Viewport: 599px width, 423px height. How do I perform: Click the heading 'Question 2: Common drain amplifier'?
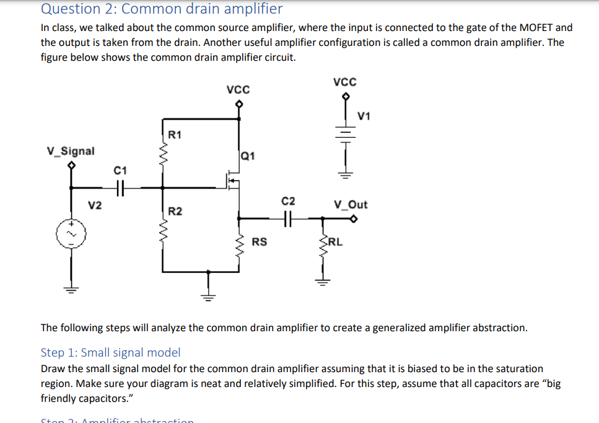click(x=162, y=9)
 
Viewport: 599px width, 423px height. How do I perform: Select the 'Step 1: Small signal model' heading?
click(x=110, y=352)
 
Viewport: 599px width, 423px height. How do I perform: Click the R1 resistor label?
click(x=175, y=134)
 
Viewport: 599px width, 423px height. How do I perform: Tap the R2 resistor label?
click(x=175, y=212)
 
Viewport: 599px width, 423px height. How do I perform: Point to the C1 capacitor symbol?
click(x=121, y=186)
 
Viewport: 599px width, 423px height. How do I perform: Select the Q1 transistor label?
click(x=247, y=156)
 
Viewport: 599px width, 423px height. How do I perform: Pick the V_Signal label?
click(x=71, y=151)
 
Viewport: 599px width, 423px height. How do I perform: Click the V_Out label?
click(x=351, y=204)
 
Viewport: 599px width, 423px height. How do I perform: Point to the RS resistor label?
click(x=260, y=241)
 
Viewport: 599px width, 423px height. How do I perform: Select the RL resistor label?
click(x=335, y=241)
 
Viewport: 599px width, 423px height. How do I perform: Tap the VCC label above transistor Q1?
click(x=238, y=89)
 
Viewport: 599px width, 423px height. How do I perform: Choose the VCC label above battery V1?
click(x=345, y=81)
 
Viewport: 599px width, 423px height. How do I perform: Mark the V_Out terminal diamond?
click(x=354, y=218)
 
